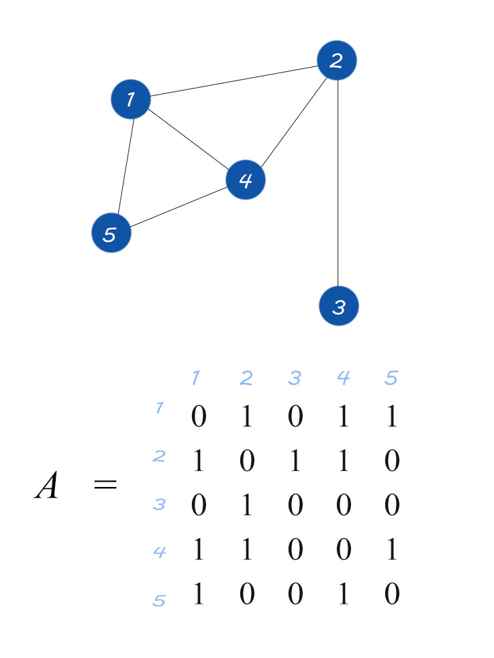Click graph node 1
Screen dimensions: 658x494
click(x=130, y=99)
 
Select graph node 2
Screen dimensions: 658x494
click(x=336, y=60)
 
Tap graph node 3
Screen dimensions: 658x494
click(x=338, y=306)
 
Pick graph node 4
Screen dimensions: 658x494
click(x=246, y=180)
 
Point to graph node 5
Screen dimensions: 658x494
click(x=111, y=233)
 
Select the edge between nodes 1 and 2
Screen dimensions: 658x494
click(x=233, y=80)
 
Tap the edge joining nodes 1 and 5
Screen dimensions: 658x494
click(x=124, y=166)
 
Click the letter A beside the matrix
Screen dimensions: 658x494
click(x=47, y=486)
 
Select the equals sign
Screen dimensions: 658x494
click(x=105, y=484)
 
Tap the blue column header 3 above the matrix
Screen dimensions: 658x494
click(x=295, y=378)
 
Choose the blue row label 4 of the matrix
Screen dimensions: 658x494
click(x=159, y=553)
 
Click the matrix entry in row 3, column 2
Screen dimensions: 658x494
click(x=246, y=505)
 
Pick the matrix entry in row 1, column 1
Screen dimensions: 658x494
click(x=198, y=417)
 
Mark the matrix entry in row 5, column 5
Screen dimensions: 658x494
click(x=391, y=594)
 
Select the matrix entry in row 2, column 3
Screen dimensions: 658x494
click(x=295, y=461)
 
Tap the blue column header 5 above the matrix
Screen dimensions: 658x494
click(x=391, y=378)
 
